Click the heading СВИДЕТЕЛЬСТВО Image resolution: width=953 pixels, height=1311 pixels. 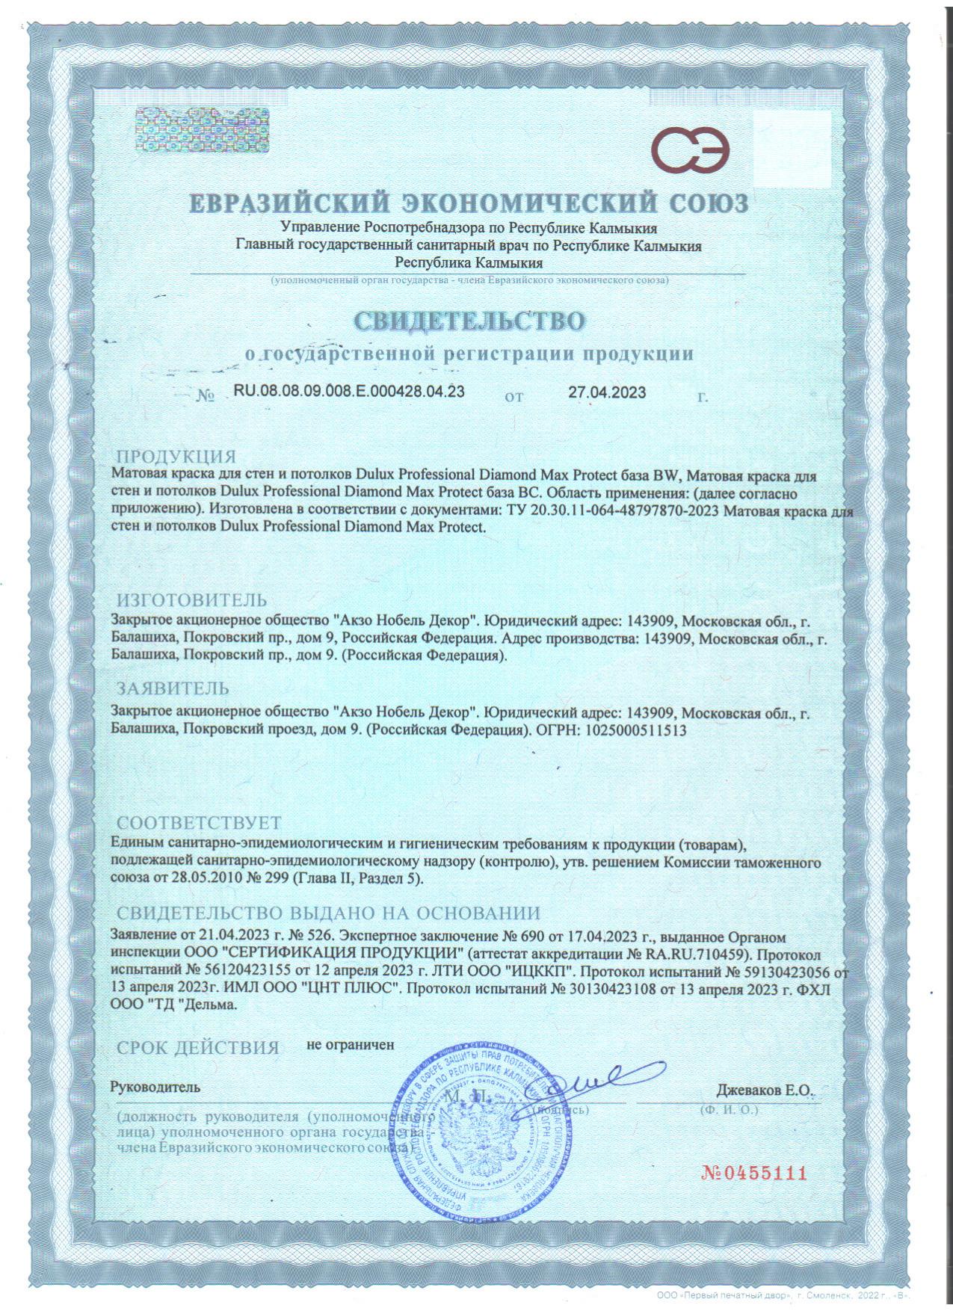pos(469,321)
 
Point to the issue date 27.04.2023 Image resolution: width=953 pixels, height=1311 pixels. pos(607,393)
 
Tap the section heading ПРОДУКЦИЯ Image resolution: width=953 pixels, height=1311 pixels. pos(176,457)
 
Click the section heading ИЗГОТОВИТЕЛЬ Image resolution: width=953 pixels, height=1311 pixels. pos(191,600)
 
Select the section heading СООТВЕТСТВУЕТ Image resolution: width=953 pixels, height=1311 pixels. pos(200,824)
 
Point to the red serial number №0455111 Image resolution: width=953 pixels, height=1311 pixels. pos(755,1172)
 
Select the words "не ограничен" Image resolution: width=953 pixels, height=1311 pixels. pos(350,1045)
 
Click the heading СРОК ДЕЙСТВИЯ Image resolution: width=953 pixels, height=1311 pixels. pos(198,1048)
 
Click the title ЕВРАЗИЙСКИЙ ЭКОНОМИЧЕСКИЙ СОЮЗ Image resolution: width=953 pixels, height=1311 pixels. pos(468,203)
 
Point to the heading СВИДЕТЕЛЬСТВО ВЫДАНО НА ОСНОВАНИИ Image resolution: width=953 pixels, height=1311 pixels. pos(328,913)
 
